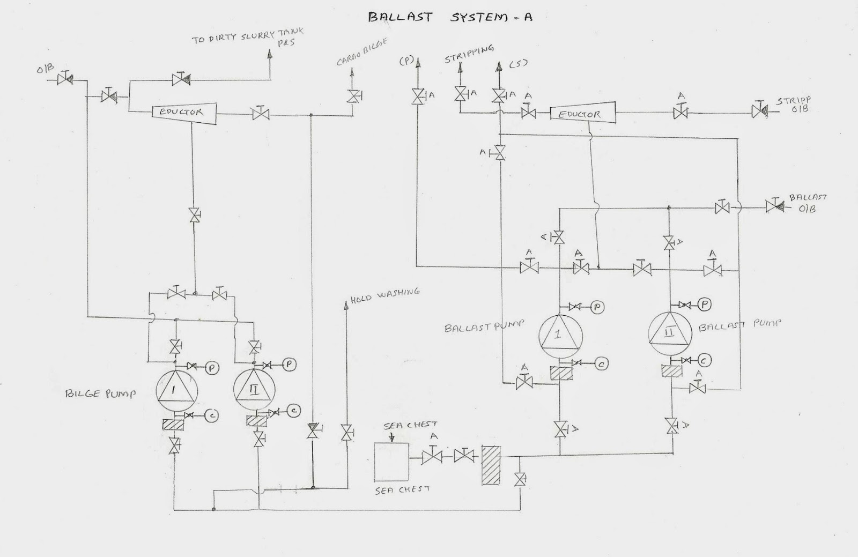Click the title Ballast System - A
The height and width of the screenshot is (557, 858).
(x=450, y=17)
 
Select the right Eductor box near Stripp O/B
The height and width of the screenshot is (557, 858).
(x=582, y=114)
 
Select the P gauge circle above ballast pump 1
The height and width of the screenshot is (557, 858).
(x=597, y=307)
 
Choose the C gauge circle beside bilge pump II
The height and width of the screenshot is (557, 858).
(x=294, y=411)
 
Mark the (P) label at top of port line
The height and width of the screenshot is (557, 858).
(x=406, y=61)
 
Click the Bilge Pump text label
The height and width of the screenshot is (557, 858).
(x=100, y=394)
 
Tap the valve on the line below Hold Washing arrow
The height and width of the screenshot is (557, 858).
(x=346, y=432)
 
